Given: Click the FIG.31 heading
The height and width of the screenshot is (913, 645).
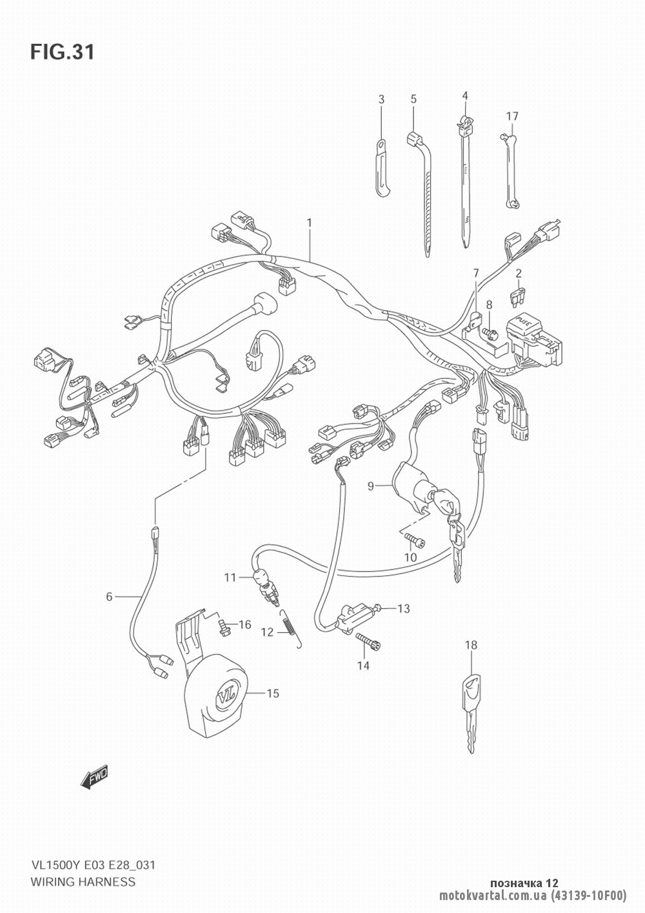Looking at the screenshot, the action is pyautogui.click(x=63, y=52).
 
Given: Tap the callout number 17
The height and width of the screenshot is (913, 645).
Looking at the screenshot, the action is pyautogui.click(x=512, y=117).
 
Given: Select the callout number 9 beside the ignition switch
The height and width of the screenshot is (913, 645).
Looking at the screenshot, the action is pyautogui.click(x=370, y=486).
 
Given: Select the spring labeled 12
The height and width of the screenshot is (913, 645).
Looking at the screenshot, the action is pyautogui.click(x=290, y=630).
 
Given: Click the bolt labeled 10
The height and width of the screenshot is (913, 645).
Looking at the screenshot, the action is pyautogui.click(x=415, y=540).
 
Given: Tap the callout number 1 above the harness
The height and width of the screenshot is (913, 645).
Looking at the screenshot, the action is pyautogui.click(x=310, y=223).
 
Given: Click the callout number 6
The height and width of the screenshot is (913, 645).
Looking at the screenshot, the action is pyautogui.click(x=109, y=597).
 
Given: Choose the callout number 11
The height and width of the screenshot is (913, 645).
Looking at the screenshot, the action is pyautogui.click(x=230, y=577).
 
